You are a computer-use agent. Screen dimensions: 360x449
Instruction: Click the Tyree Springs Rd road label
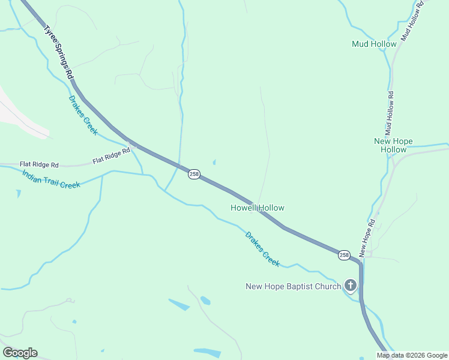[58, 53]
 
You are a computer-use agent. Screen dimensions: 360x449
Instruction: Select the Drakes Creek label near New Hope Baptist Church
[262, 249]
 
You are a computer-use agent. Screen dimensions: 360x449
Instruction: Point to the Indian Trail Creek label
[51, 179]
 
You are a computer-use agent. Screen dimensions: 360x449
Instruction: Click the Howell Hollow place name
[258, 208]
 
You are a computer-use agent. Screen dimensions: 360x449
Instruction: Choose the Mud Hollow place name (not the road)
[374, 44]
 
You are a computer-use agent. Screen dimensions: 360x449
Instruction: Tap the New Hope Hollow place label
[393, 145]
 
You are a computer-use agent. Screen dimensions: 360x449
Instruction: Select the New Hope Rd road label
[367, 236]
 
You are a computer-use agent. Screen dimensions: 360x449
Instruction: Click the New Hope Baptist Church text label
[293, 286]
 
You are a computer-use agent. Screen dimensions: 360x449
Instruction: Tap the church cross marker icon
[351, 286]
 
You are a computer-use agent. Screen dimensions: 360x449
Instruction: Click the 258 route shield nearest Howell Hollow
[194, 174]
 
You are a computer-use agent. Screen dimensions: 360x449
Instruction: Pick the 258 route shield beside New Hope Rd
[343, 255]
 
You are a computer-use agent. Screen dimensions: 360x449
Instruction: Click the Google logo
[20, 353]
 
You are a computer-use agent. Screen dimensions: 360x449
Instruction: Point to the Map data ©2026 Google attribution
[412, 355]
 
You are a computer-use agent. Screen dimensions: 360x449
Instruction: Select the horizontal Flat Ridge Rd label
[39, 164]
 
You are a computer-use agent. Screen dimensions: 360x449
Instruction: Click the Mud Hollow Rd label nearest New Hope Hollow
[390, 113]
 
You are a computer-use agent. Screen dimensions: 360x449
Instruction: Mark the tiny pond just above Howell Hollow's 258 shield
[214, 161]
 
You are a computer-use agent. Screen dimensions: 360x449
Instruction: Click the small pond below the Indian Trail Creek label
[19, 194]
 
